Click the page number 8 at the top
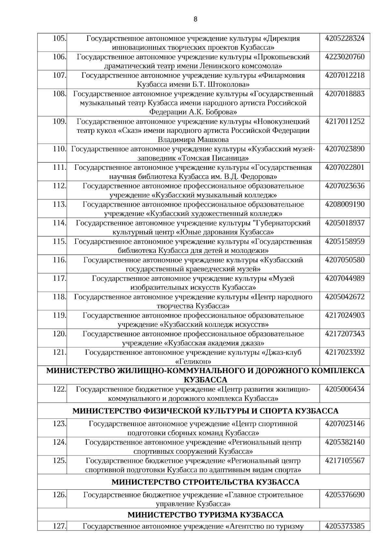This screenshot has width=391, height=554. (x=195, y=19)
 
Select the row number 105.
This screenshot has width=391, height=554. (x=60, y=38)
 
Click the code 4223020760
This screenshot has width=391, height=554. (x=345, y=57)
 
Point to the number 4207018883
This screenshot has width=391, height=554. (x=345, y=94)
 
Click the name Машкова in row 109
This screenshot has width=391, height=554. (x=212, y=140)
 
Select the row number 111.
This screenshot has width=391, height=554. (x=60, y=167)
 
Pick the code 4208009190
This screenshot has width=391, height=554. (x=345, y=204)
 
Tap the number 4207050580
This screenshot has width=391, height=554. (x=345, y=260)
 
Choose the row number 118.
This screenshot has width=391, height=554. (x=60, y=297)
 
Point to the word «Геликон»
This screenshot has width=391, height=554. (x=193, y=362)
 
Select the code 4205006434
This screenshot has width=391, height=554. (x=345, y=389)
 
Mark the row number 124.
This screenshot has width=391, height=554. (x=60, y=442)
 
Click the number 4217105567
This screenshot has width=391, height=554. (x=345, y=461)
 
